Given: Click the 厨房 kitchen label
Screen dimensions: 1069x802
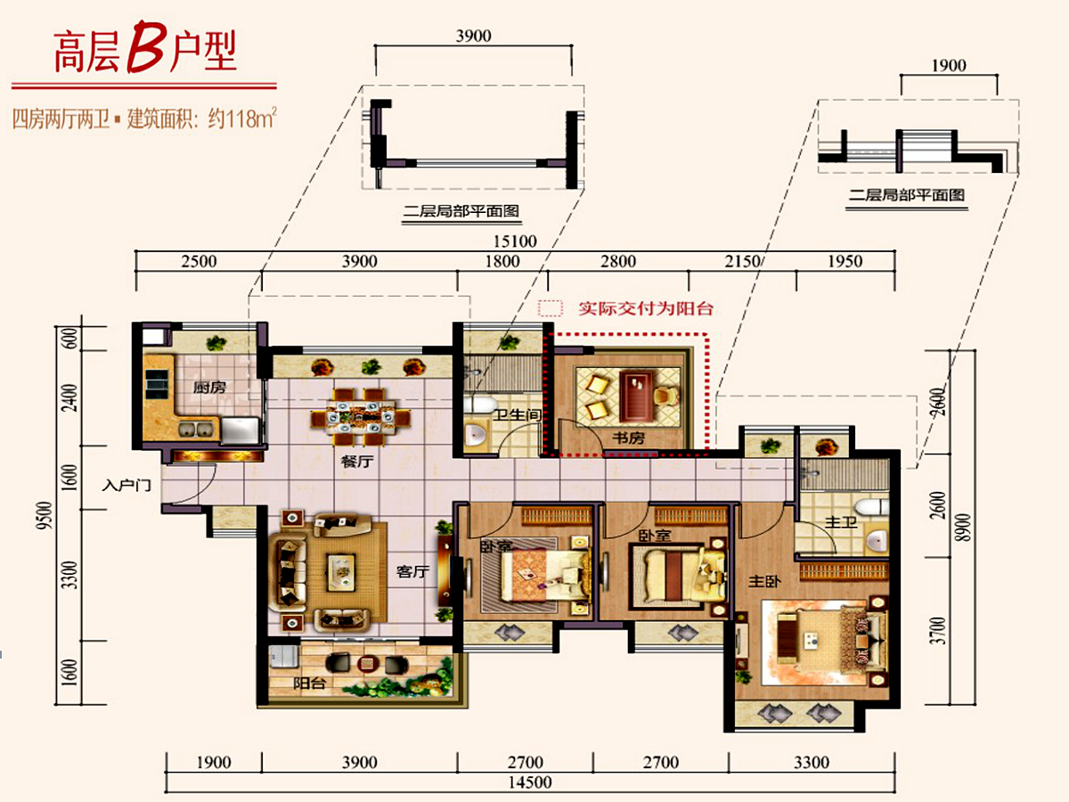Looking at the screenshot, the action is (x=209, y=388).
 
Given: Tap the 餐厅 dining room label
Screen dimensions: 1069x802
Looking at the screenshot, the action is (x=357, y=461).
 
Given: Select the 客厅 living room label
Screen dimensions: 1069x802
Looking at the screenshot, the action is (x=412, y=571).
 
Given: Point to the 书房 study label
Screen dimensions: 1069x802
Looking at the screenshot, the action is (x=628, y=438).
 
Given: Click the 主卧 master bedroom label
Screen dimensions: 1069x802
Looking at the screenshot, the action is (x=764, y=581).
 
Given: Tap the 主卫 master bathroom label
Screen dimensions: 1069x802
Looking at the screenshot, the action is (x=841, y=522).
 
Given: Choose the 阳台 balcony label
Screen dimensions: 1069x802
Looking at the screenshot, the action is (x=309, y=683).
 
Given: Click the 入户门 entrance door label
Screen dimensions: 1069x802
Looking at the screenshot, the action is (x=126, y=486).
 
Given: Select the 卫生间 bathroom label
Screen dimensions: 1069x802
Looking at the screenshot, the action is (x=518, y=415).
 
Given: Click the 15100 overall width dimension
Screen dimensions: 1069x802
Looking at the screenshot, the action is (x=515, y=241).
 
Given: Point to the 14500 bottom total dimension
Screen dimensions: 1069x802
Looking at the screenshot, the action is (x=530, y=782).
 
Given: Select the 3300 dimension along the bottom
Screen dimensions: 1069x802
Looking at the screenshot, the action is (x=812, y=762).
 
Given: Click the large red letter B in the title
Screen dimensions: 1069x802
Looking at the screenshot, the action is (x=144, y=47).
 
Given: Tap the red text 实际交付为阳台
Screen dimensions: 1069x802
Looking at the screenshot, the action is (x=646, y=308).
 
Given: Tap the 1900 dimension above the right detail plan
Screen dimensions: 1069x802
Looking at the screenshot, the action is (x=949, y=66).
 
